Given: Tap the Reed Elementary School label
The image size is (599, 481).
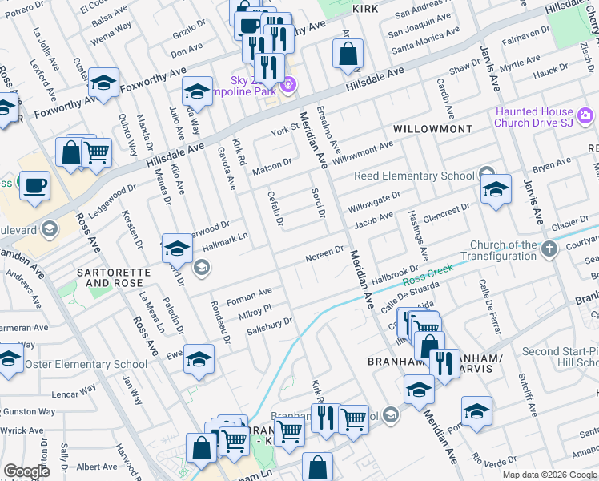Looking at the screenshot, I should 415,176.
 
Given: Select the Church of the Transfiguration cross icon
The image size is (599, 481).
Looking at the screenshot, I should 549,250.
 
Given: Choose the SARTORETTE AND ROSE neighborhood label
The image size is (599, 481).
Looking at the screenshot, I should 113,277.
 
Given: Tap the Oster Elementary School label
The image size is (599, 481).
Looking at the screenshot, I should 86,364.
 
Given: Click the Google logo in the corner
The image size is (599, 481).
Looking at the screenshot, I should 26,471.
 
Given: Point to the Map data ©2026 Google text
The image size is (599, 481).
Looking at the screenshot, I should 549,475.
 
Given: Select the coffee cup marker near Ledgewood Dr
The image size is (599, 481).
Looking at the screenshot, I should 34,186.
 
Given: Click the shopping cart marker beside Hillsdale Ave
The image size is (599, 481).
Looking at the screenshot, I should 96,151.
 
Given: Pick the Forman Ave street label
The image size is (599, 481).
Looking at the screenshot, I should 249,296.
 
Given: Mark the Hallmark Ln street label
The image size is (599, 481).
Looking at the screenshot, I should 225,239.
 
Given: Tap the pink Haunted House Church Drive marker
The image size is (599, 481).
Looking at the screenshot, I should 586,118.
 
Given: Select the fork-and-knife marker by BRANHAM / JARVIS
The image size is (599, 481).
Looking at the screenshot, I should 444,362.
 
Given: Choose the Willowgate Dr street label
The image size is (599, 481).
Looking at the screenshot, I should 372,200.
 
